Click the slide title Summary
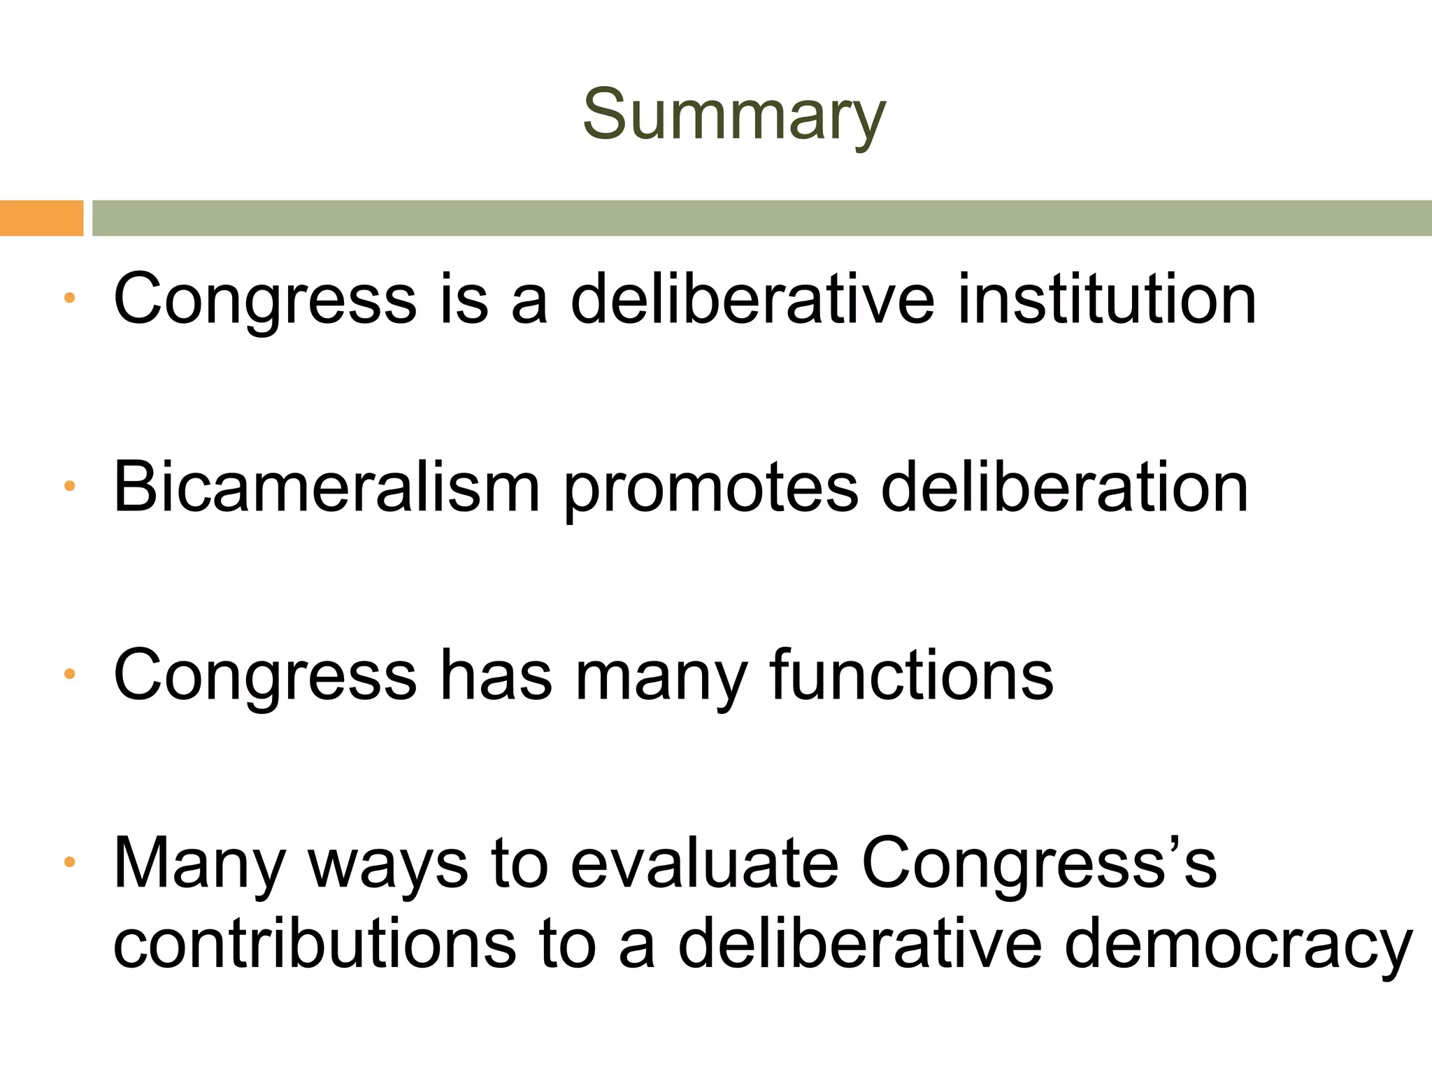(733, 115)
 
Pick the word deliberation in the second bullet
(1064, 487)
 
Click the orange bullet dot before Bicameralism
(69, 486)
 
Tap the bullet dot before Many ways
(69, 862)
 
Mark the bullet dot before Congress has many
(69, 674)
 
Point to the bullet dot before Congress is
(69, 298)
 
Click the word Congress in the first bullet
(265, 301)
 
